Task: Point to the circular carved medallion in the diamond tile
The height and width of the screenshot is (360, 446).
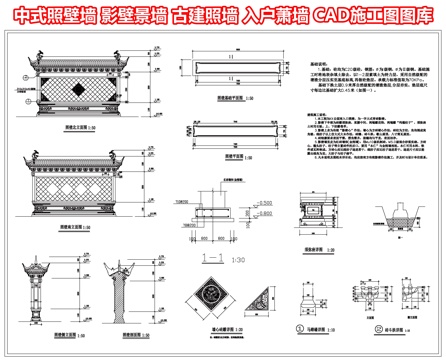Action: point(213,296)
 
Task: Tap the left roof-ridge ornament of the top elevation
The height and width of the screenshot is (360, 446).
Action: point(30,55)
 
